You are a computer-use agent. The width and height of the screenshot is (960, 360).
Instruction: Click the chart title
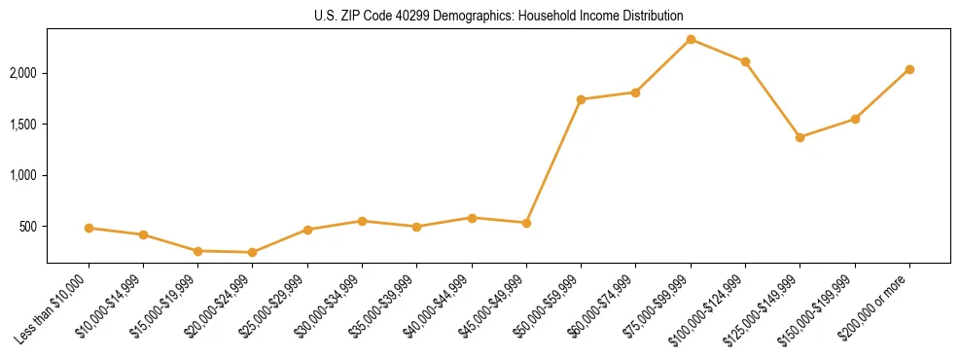[499, 16]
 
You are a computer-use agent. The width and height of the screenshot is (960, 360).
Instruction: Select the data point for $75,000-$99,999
[691, 39]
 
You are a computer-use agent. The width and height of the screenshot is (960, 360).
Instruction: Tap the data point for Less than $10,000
[89, 228]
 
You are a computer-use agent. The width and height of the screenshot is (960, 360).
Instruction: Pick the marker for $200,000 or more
[909, 69]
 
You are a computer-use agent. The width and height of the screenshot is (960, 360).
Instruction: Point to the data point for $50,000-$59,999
[581, 99]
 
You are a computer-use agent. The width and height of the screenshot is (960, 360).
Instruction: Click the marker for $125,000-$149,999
[800, 137]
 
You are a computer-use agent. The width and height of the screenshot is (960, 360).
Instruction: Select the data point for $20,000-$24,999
[253, 252]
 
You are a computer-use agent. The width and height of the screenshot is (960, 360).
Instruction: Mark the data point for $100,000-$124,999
[745, 61]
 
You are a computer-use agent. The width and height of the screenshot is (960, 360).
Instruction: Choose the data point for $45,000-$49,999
[526, 223]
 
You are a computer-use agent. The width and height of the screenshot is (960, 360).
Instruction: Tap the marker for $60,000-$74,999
[635, 92]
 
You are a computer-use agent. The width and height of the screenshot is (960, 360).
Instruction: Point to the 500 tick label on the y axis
[29, 227]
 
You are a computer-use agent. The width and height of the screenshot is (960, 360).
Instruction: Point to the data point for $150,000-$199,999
[855, 119]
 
